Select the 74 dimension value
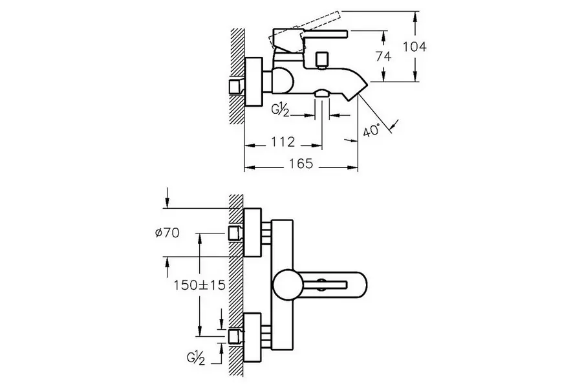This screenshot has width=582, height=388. point(383,56)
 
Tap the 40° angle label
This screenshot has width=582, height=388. point(371,131)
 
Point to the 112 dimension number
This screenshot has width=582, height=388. point(283,141)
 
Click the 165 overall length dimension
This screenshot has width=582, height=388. point(301,164)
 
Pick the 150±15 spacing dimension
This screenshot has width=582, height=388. point(199,285)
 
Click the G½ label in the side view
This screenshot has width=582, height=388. point(280,111)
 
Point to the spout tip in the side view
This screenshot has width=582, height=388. point(360,91)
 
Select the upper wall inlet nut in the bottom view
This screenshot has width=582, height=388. point(235,233)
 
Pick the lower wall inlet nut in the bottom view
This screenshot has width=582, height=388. point(235,335)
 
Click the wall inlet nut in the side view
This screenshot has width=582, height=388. point(235,87)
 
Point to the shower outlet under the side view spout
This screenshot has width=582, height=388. point(322,95)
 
